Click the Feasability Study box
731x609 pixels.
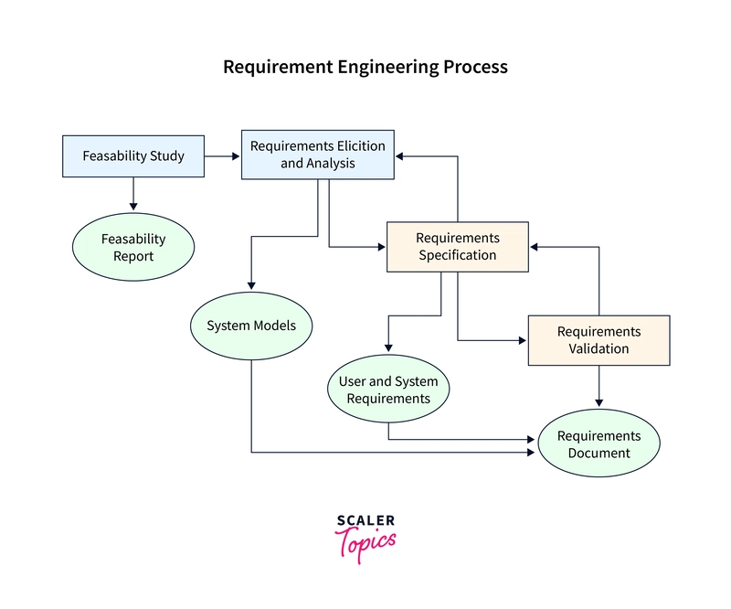point(133,156)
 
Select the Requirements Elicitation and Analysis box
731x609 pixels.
point(317,155)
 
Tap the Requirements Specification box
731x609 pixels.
point(458,247)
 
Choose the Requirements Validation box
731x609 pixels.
point(599,340)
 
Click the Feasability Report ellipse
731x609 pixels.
point(133,247)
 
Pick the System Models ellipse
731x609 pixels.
point(251,326)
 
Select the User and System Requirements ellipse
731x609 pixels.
point(388,389)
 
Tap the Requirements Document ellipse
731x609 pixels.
point(599,443)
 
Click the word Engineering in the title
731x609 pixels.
point(387,67)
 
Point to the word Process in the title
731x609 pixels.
point(475,67)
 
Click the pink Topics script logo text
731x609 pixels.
point(366,545)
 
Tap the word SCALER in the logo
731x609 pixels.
point(366,520)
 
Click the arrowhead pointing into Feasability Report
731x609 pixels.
point(133,207)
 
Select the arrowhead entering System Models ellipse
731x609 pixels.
point(251,285)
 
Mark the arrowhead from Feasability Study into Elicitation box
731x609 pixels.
point(236,156)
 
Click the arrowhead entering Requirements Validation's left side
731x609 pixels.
point(523,341)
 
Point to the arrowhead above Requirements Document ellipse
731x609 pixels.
point(599,402)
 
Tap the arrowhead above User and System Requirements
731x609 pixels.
point(388,348)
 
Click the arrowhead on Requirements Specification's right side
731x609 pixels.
point(535,247)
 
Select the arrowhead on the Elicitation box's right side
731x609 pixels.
point(399,156)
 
